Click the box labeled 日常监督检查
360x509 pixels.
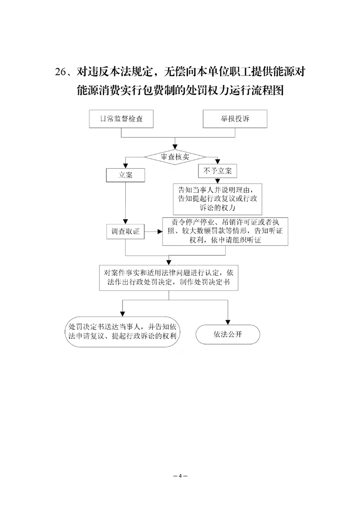121,119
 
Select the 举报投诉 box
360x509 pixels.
235,119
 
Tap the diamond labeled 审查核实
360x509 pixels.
175,157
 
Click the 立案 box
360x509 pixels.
125,175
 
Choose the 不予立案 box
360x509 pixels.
217,171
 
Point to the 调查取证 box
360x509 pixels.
125,231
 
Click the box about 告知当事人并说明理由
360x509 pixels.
217,199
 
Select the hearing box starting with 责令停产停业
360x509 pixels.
225,231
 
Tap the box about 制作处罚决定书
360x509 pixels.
168,278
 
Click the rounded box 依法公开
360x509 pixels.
228,334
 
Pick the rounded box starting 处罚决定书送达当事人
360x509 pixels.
123,332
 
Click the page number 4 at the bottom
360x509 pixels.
180,476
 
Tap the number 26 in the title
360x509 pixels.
60,72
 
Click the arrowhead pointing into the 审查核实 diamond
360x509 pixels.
175,147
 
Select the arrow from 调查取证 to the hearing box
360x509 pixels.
153,232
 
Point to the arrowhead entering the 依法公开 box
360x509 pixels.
228,323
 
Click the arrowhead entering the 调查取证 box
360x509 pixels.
125,222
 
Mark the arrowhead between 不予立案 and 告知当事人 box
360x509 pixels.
217,181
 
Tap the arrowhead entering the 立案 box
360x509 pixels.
125,166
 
